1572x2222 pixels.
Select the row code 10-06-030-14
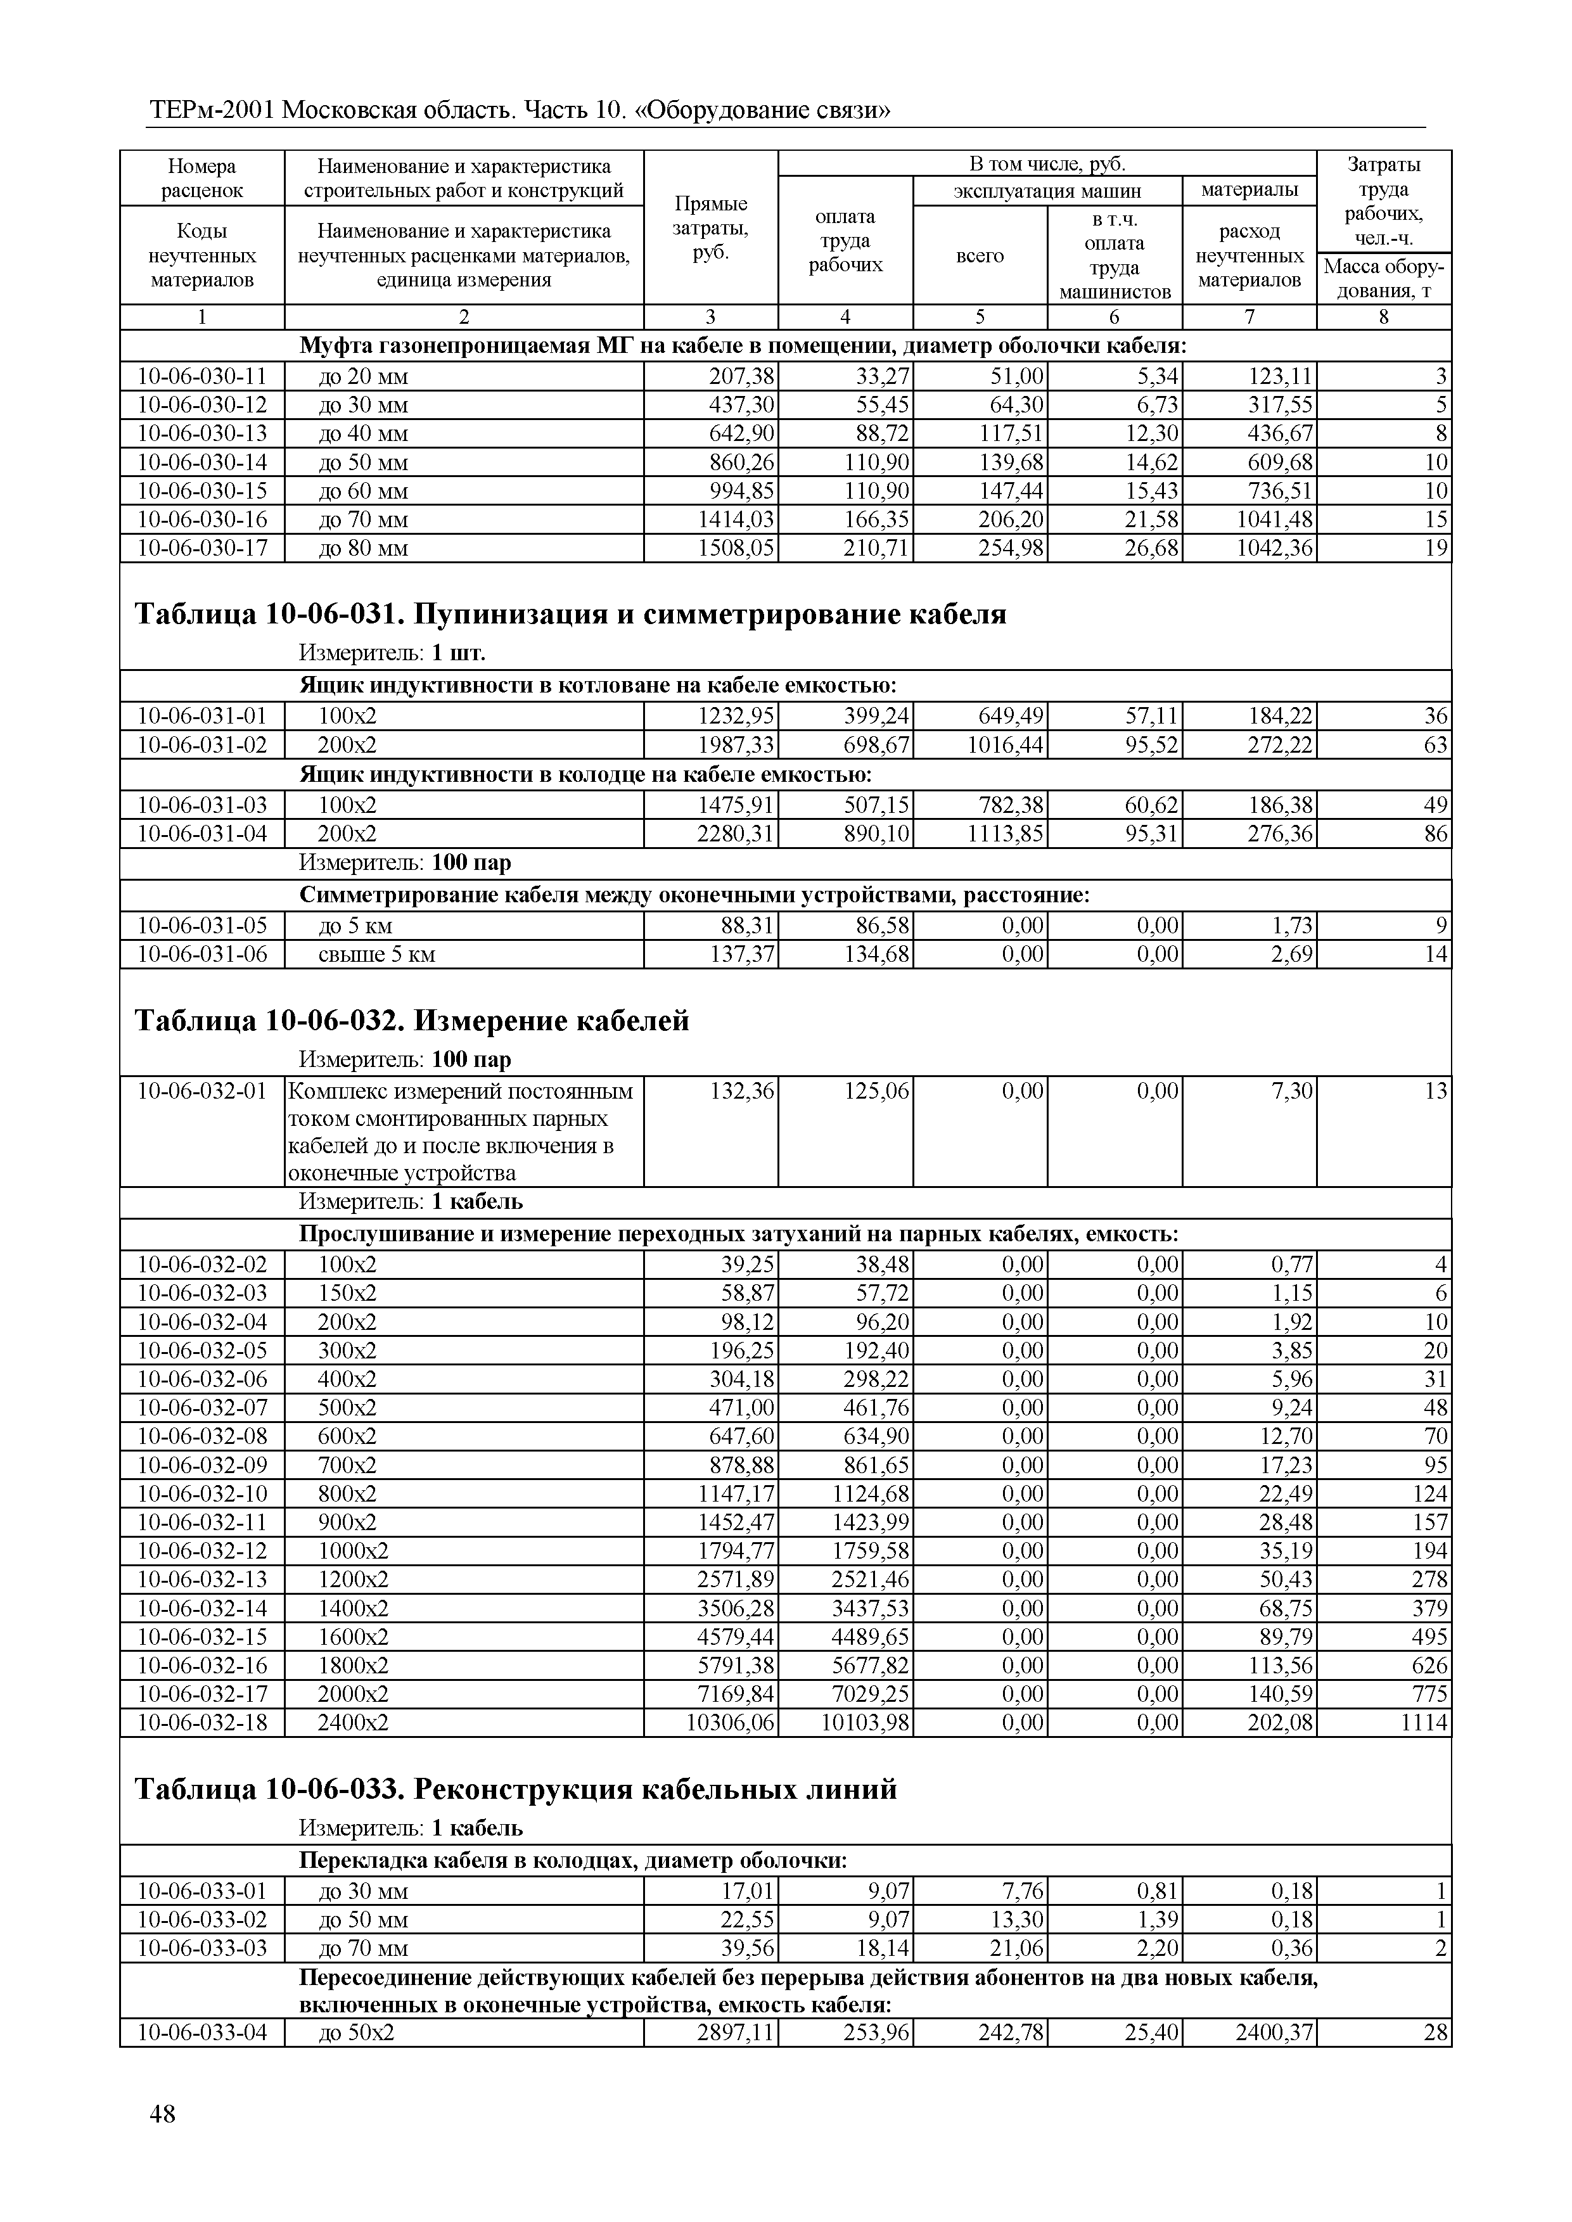(x=202, y=462)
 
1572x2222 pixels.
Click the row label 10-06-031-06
(x=202, y=954)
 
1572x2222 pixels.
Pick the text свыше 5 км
(x=376, y=954)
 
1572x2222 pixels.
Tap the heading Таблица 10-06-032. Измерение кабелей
(x=411, y=1020)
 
